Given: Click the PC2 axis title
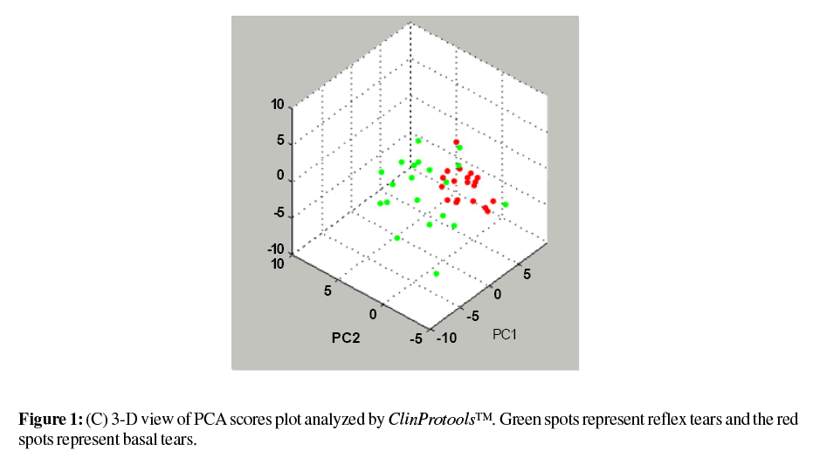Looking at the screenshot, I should (x=346, y=338).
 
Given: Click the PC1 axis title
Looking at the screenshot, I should (x=506, y=334).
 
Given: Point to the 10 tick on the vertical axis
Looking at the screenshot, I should (x=279, y=105).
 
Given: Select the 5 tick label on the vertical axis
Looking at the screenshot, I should (x=281, y=140).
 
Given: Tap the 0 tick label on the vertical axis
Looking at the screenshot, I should (x=281, y=175).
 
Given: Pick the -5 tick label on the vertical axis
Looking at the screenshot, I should (x=279, y=211).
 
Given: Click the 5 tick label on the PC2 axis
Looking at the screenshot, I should (x=328, y=291).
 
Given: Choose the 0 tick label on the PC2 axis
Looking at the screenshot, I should (x=375, y=313).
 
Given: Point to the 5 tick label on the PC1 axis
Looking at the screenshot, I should (x=526, y=274).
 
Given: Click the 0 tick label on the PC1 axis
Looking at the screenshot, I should (x=499, y=294).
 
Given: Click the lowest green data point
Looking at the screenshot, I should (x=437, y=274).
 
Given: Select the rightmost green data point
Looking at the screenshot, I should (x=506, y=204).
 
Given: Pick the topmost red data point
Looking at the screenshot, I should (x=456, y=142).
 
